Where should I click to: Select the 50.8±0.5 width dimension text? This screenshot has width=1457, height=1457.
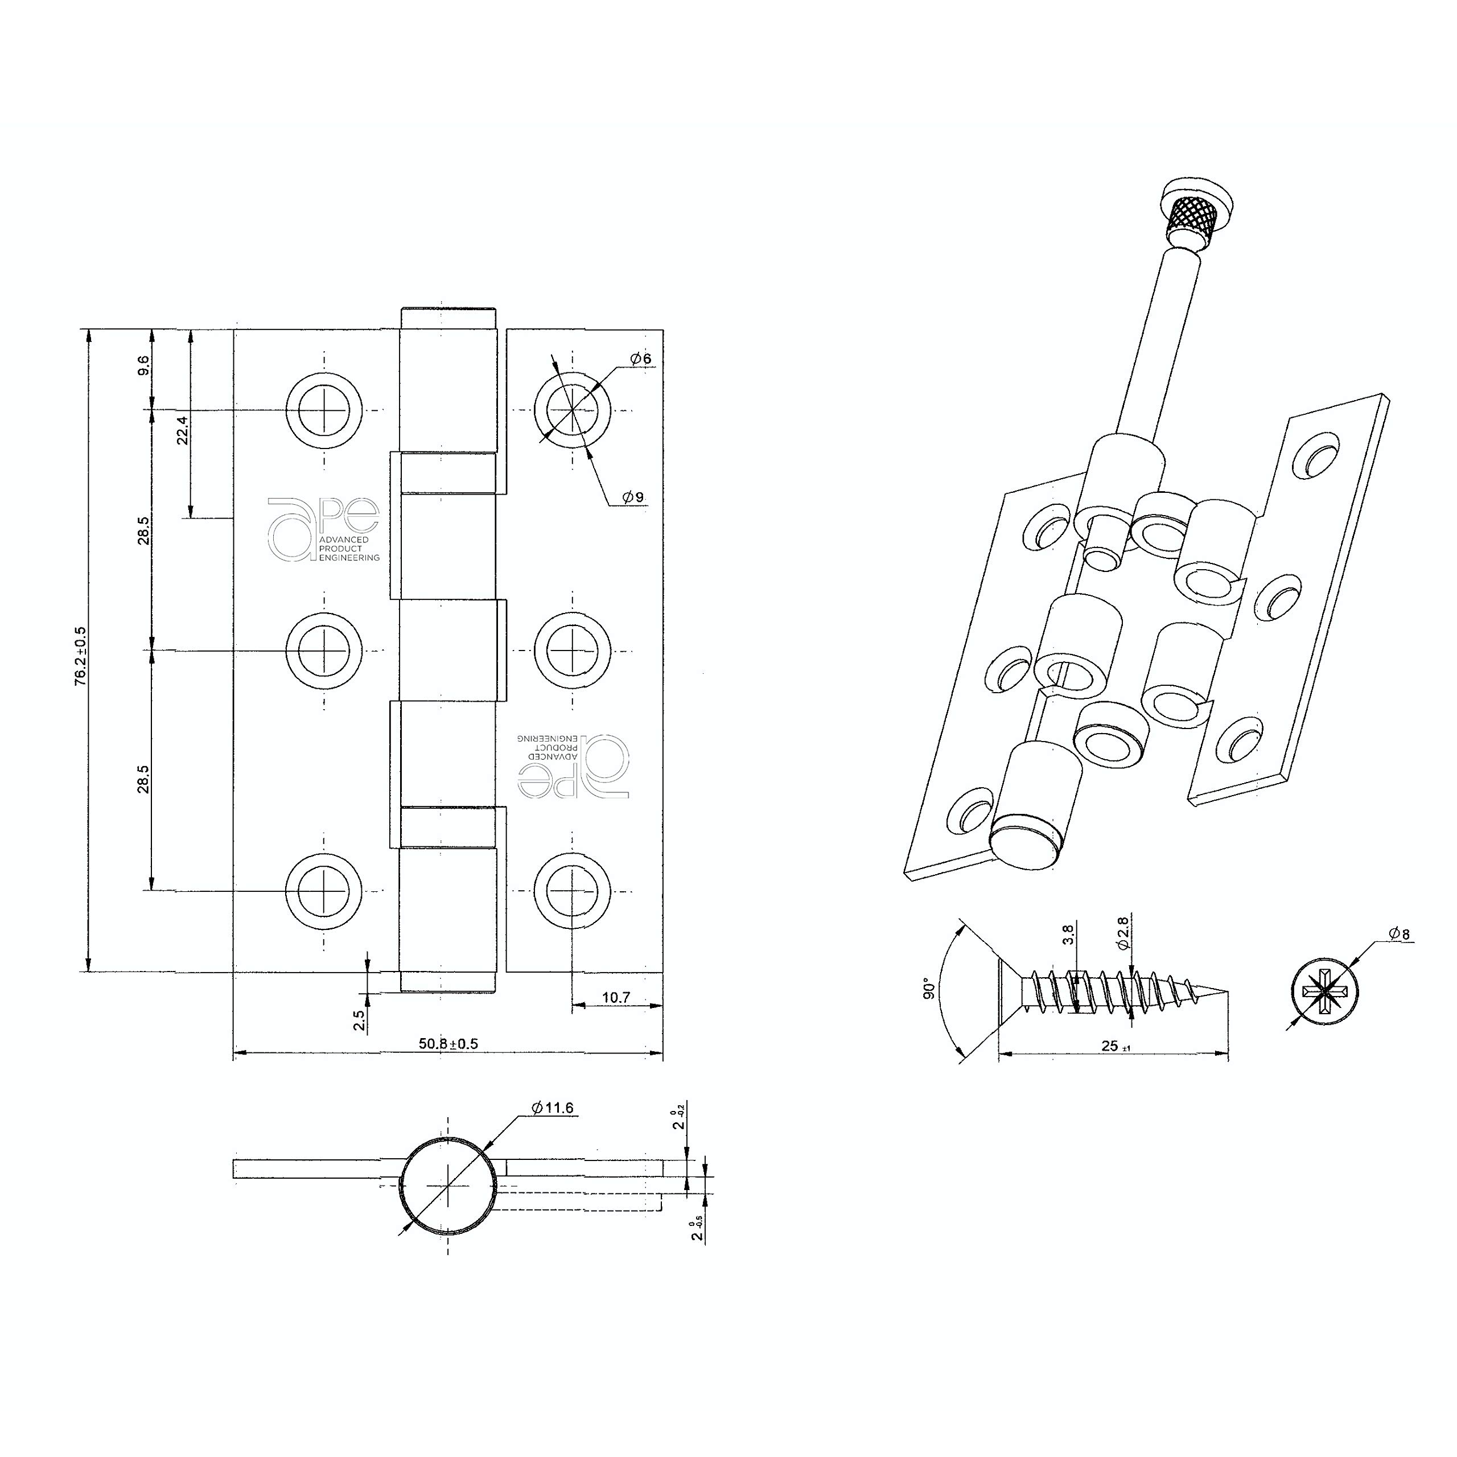coord(448,1044)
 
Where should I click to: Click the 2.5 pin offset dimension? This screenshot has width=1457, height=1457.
coord(359,1019)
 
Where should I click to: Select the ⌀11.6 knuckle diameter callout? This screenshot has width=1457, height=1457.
coord(552,1108)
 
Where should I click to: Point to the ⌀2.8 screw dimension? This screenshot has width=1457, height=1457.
coord(1122,932)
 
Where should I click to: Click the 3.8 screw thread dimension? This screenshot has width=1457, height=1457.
coord(1068,935)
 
